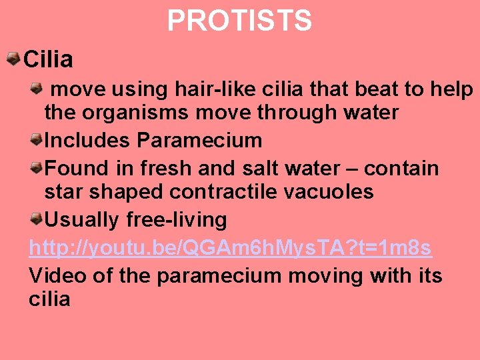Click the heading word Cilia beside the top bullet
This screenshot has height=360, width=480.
click(x=48, y=60)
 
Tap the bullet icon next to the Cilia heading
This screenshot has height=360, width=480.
click(x=13, y=59)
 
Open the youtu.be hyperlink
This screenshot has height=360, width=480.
click(x=230, y=249)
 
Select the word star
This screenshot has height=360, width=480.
click(x=64, y=193)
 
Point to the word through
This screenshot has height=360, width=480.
click(x=297, y=113)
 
